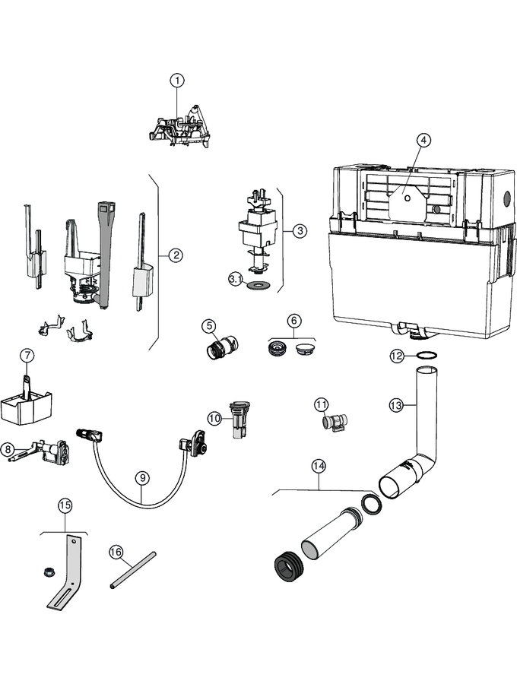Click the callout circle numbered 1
coord(177,80)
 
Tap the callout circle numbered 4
coord(423,140)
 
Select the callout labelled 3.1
coord(236,280)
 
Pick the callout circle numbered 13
coord(395,405)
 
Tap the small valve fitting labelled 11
coord(335,422)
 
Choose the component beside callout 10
coord(238,421)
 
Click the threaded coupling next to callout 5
coord(223,349)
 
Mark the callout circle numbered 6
coord(293,322)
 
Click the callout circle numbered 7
coord(27,355)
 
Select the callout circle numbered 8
coord(8,449)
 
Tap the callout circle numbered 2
coord(176,255)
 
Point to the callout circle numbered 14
coord(319,466)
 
